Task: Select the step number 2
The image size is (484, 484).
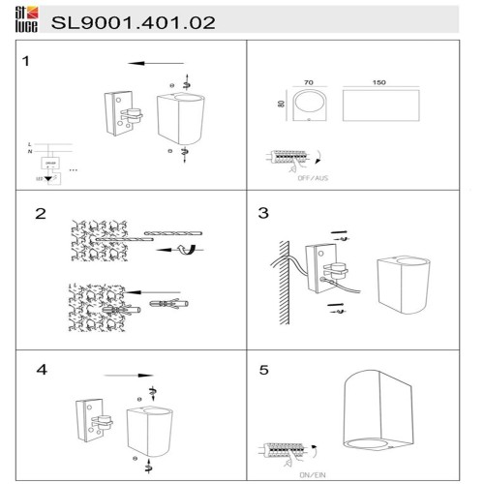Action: [x=40, y=214]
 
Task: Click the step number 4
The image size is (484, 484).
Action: [x=40, y=369]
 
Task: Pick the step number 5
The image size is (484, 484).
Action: [x=263, y=370]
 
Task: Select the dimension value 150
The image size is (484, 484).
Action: [x=378, y=84]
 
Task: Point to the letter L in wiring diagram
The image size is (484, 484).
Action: [x=29, y=143]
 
